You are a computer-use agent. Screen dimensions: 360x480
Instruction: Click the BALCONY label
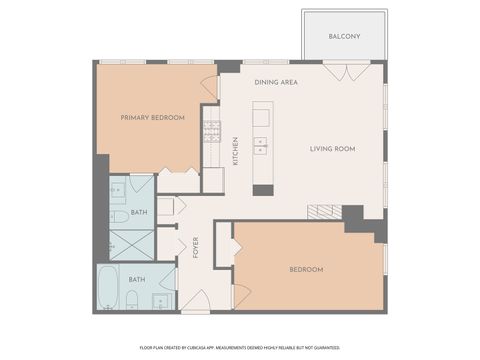[x=344, y=37]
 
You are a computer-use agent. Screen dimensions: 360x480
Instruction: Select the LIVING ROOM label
[x=332, y=149]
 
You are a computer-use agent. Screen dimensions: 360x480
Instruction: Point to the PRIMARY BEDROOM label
[x=152, y=117]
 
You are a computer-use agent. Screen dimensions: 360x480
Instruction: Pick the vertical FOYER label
[x=196, y=247]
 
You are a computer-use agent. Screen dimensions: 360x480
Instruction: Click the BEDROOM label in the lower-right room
[x=306, y=269]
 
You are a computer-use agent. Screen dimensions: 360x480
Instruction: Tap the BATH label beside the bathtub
[x=136, y=279]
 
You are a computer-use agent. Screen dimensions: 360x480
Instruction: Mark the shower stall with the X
[x=130, y=244]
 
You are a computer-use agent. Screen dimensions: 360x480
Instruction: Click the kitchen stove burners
[x=212, y=130]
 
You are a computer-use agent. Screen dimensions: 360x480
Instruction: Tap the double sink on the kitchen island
[x=262, y=147]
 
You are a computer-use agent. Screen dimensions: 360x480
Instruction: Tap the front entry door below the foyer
[x=196, y=301]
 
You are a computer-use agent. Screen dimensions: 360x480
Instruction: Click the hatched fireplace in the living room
[x=323, y=211]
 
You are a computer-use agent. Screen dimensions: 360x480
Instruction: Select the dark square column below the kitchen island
[x=263, y=189]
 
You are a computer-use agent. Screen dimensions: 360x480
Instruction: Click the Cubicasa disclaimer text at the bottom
[x=239, y=348]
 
